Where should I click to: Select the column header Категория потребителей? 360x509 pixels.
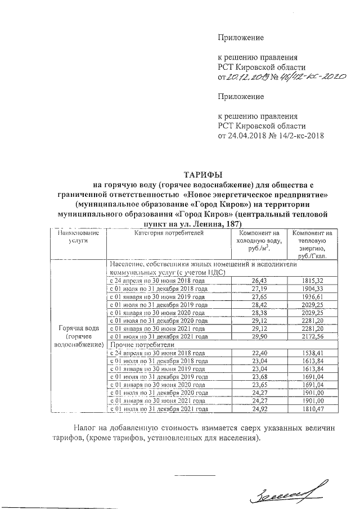165,233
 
